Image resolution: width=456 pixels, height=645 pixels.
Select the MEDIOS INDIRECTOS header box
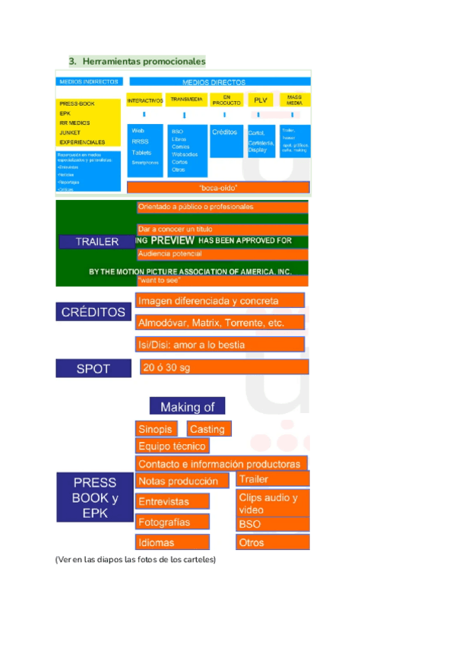pos(88,81)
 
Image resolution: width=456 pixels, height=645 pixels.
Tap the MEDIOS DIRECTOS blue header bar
pos(220,81)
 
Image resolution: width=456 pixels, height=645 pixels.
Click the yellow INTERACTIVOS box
pos(144,100)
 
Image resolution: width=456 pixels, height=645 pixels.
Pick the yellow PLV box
pos(260,100)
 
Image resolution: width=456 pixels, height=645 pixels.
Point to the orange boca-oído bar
pos(218,187)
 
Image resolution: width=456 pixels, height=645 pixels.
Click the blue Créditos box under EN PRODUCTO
pos(226,140)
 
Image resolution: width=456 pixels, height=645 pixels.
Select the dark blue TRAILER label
pos(97,242)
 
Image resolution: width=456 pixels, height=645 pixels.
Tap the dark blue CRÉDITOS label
pos(93,312)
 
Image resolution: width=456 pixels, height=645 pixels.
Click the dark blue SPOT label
pos(93,369)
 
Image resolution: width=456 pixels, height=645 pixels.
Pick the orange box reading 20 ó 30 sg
pos(223,367)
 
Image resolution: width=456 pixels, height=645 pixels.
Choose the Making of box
pos(187,407)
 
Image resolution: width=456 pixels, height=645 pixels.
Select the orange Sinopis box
pos(157,429)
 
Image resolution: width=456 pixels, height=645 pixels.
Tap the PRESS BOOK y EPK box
pos(94,497)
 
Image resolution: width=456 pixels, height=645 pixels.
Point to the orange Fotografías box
pos(173,523)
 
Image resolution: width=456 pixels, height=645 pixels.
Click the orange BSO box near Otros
pos(273,524)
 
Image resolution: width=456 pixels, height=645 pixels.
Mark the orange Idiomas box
pos(173,542)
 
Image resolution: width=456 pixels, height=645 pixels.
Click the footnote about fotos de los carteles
pos(135,560)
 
